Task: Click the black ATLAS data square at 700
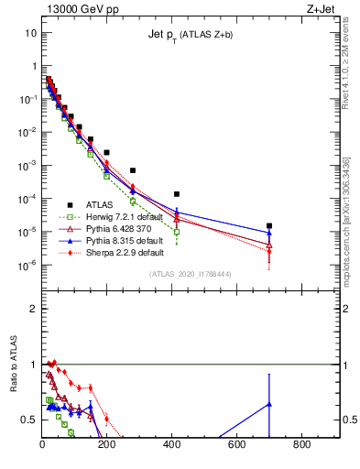[x=269, y=225]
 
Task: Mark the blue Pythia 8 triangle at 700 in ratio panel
[x=269, y=404]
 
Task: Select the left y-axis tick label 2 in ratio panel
[x=34, y=309]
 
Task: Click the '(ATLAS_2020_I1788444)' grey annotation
[x=191, y=275]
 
